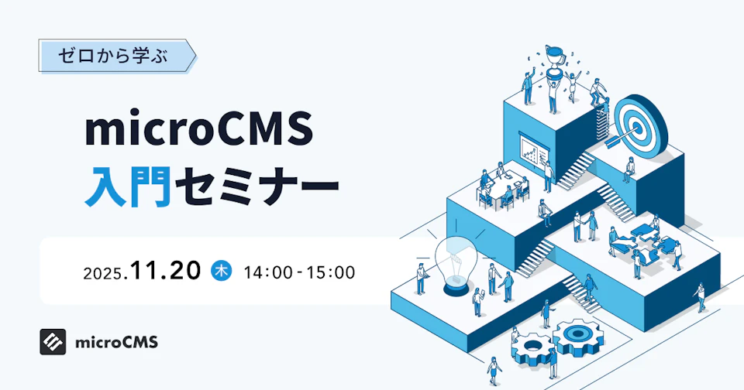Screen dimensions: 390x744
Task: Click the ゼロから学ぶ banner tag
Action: click(116, 56)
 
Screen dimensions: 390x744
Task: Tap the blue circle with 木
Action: click(222, 271)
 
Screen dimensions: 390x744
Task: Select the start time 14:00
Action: click(267, 272)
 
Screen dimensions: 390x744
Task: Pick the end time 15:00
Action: click(331, 272)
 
